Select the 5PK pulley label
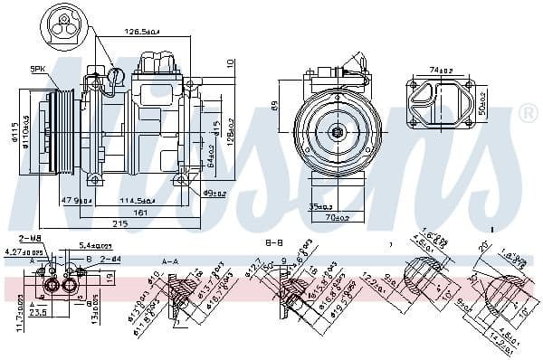pyautogui.click(x=63, y=69)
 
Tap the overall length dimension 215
pyautogui.click(x=120, y=223)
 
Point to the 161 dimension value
pyautogui.click(x=139, y=212)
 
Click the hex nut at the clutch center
pyautogui.click(x=337, y=132)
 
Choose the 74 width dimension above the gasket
pyautogui.click(x=441, y=69)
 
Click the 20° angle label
pyautogui.click(x=483, y=246)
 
